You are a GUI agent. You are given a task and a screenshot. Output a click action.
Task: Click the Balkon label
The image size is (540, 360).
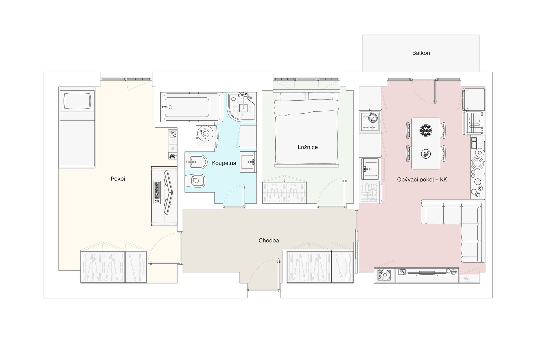pos(421,53)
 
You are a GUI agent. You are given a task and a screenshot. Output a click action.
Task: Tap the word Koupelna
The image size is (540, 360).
pos(224,163)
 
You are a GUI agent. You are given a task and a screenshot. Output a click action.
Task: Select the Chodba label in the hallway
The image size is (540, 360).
pos(269,240)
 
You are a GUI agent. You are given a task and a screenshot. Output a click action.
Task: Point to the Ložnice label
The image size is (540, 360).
pos(308,147)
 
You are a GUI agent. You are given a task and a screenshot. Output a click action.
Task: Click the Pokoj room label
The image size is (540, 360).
pos(118,179)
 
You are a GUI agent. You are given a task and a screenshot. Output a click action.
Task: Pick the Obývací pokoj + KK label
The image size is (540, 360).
pos(422,180)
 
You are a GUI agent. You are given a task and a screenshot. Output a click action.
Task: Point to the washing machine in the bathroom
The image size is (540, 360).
pos(206,136)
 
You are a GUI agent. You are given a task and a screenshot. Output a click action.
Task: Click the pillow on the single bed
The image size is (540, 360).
pos(77,101)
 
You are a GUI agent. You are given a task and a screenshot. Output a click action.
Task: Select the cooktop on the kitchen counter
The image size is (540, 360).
pos(370,121)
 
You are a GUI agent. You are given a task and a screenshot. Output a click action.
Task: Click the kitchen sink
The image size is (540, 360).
pos(370,169)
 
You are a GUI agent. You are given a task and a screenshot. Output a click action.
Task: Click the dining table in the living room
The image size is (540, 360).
pos(426,143)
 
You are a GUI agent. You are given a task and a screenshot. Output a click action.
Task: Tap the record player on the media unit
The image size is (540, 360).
pos(384,275)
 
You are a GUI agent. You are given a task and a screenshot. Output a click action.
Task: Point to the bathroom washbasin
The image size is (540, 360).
pos(248,162)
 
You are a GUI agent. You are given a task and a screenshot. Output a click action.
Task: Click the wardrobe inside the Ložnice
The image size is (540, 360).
pos(284,192)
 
